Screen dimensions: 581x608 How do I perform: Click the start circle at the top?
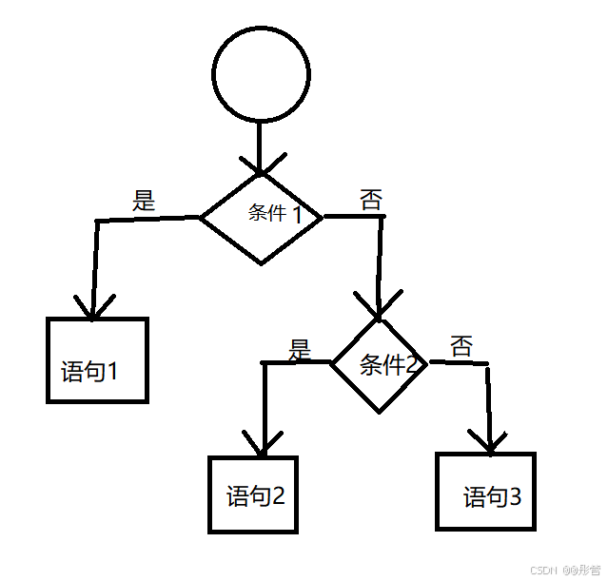click(261, 73)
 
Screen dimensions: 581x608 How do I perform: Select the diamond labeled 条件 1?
click(261, 218)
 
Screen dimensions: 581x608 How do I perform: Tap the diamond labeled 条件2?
click(380, 363)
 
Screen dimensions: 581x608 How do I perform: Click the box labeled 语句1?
click(98, 360)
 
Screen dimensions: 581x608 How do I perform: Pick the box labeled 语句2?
click(254, 494)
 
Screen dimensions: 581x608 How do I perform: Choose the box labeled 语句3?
click(485, 491)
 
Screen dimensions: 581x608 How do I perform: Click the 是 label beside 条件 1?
click(144, 201)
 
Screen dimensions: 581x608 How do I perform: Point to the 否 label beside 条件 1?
click(371, 200)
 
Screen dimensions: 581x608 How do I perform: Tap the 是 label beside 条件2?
click(300, 349)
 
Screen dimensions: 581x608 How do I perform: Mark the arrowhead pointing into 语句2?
click(262, 443)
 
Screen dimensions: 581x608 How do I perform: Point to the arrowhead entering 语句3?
click(491, 440)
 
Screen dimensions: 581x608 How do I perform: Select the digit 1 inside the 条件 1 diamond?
click(297, 215)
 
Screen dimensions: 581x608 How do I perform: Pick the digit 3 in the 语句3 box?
click(515, 496)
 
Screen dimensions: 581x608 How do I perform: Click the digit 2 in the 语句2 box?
click(279, 495)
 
